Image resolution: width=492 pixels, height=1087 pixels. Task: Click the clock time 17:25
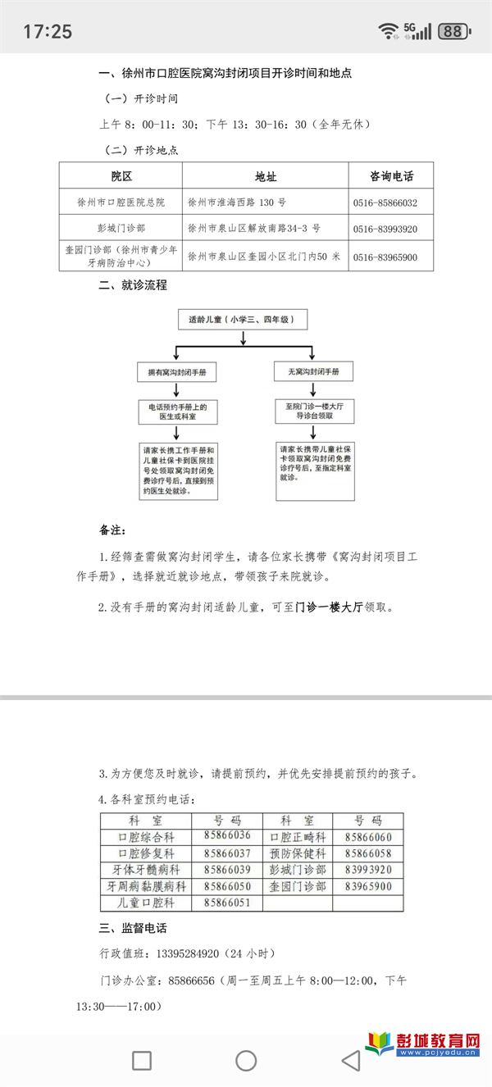click(48, 32)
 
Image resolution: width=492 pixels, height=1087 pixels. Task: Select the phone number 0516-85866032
click(385, 202)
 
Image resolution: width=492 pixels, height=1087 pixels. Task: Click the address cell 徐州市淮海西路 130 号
click(237, 202)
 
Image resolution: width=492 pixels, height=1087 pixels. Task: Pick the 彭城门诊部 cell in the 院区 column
click(121, 229)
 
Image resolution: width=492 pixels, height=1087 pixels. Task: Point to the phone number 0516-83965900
click(385, 257)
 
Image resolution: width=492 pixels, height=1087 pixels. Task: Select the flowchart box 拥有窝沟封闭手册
click(177, 373)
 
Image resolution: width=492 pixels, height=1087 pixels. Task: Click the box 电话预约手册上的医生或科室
click(177, 412)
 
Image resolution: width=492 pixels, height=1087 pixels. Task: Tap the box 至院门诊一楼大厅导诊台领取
click(315, 412)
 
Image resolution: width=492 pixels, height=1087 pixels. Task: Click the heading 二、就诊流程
click(133, 285)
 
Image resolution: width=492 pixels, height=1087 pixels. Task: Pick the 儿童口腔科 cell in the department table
click(146, 903)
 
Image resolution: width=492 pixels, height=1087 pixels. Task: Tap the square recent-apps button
click(142, 1061)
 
